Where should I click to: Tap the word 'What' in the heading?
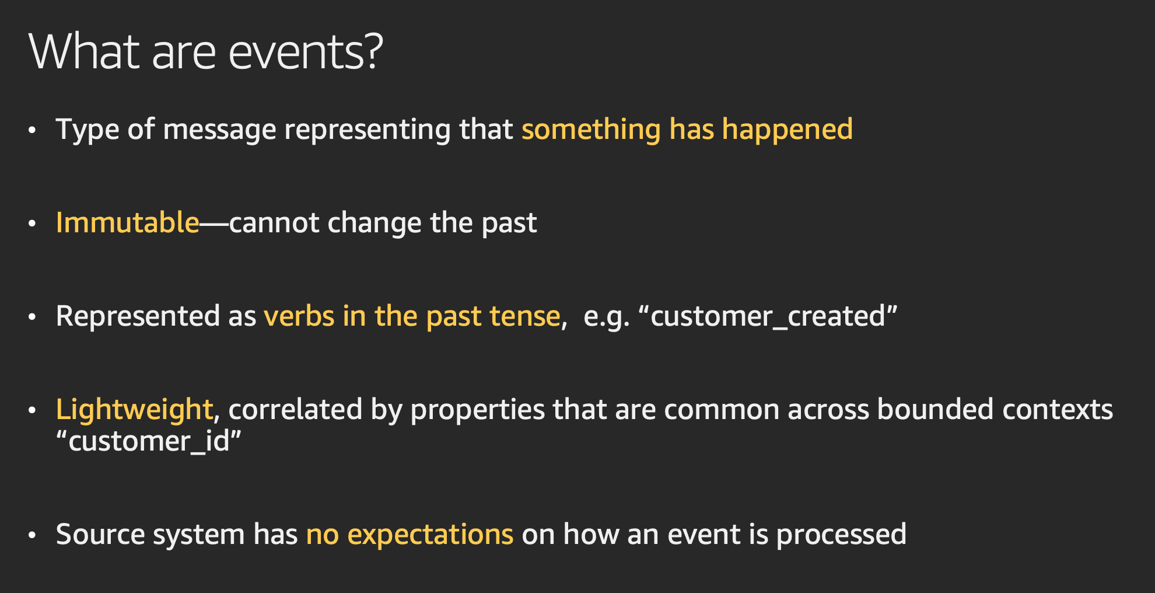(x=84, y=52)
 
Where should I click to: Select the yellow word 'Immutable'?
(x=128, y=222)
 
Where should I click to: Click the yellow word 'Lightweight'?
(x=134, y=410)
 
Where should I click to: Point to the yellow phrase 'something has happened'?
(x=687, y=130)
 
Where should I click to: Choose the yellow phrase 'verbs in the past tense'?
(x=412, y=316)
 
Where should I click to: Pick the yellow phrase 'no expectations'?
(x=409, y=535)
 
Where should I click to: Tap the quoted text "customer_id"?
(x=149, y=441)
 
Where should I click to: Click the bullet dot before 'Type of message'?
(x=32, y=130)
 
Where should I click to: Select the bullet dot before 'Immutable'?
(x=32, y=224)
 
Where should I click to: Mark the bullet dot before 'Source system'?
(x=32, y=535)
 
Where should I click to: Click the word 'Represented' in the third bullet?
(x=138, y=316)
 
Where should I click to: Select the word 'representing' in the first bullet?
(x=367, y=130)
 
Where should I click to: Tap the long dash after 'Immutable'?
(x=214, y=224)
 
